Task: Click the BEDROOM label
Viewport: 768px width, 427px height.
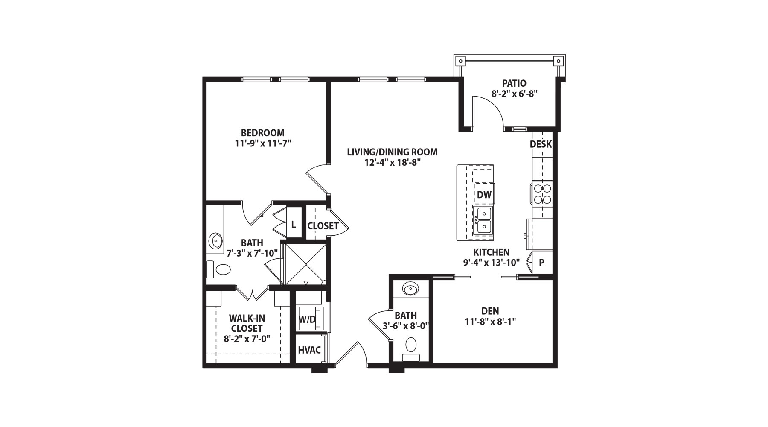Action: coord(262,133)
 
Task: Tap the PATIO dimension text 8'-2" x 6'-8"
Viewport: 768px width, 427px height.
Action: coord(514,94)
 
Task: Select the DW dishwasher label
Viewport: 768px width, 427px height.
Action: coord(484,195)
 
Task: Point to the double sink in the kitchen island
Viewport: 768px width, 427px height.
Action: coord(484,220)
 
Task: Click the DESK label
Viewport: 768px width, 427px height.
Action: coord(541,144)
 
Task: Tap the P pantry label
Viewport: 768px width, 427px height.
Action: coord(541,263)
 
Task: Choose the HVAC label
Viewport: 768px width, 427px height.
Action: coord(309,350)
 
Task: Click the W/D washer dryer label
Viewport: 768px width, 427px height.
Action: coord(307,319)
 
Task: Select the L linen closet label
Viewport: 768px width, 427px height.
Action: coord(294,224)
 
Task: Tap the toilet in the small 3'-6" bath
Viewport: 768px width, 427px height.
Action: coord(411,348)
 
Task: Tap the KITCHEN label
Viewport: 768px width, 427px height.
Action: coord(492,252)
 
